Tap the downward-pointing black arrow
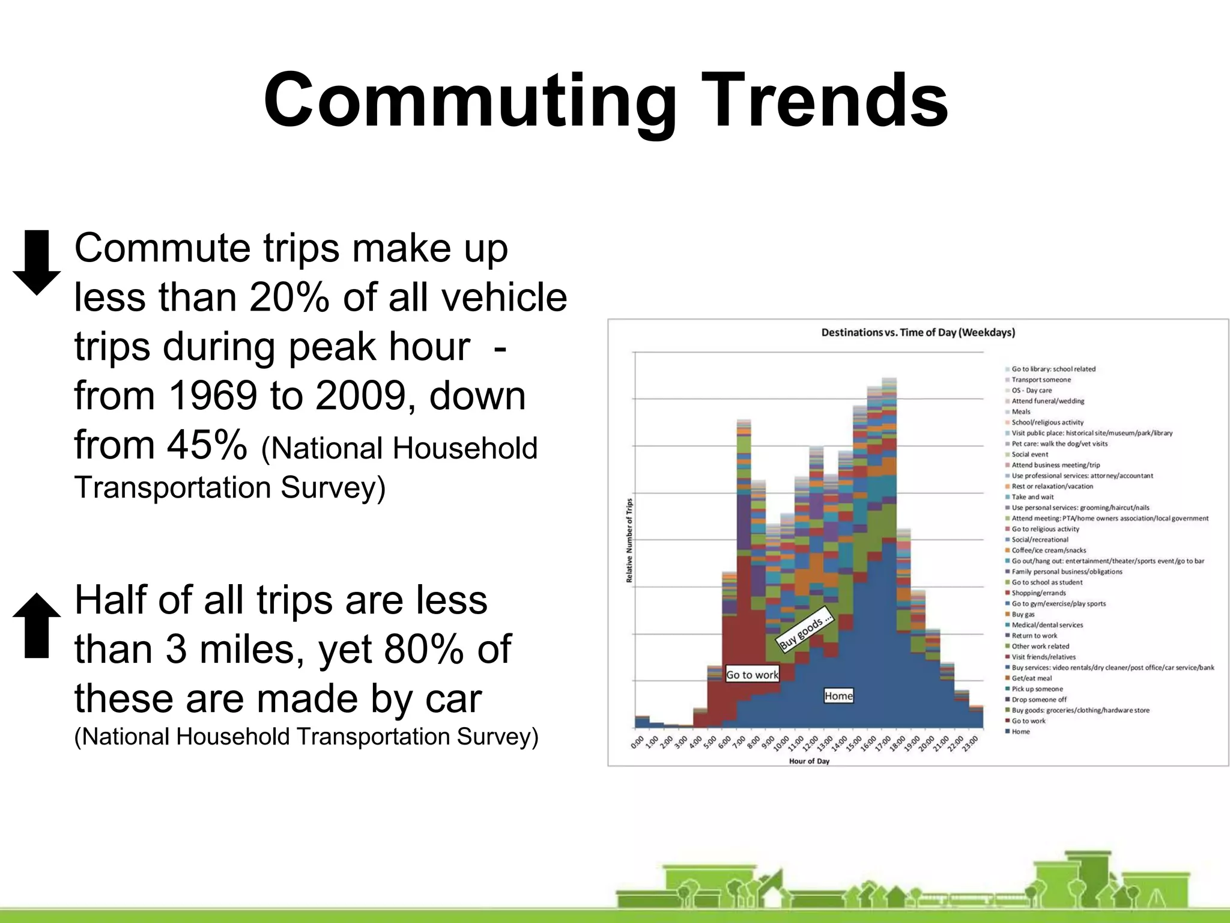click(37, 262)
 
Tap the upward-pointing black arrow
click(37, 625)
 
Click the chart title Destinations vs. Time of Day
click(918, 332)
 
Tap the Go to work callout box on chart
click(752, 674)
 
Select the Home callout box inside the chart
click(838, 696)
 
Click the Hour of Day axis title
click(809, 761)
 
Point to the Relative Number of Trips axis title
click(629, 540)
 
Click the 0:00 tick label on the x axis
click(637, 742)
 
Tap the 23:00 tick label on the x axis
click(971, 742)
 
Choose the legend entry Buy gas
click(1023, 614)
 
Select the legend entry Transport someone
click(1041, 380)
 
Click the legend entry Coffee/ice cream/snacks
click(1049, 550)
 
